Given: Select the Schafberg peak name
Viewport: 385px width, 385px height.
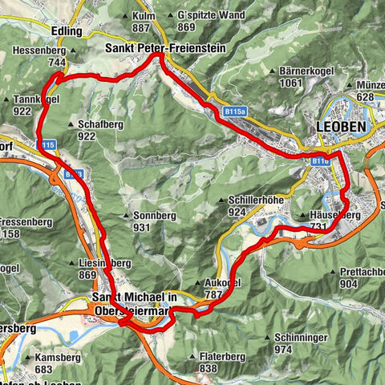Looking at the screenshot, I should [100, 125].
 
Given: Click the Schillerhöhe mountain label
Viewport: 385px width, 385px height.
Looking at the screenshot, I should [249, 201].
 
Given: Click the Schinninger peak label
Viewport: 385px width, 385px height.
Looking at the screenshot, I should [301, 338].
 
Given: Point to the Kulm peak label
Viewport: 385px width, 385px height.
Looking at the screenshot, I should [144, 16].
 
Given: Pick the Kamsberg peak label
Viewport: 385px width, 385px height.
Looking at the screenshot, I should [52, 358].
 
